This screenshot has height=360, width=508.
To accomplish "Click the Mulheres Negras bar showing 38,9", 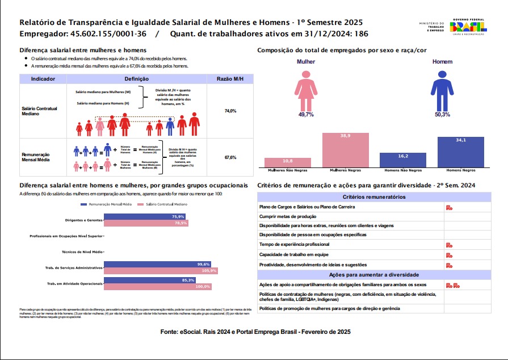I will click(346, 149).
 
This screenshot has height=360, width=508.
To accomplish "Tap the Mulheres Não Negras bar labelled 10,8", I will click(288, 162).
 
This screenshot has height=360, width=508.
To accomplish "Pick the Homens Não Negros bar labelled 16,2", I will click(403, 160).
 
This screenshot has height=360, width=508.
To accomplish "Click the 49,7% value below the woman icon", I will click(306, 115).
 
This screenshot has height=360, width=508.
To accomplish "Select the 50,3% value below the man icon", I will click(442, 115).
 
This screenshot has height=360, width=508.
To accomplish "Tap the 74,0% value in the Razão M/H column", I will click(230, 111).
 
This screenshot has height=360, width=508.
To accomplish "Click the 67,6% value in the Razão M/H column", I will click(230, 157).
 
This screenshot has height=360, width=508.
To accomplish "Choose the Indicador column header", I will click(43, 79).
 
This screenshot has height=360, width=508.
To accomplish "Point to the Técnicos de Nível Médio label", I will click(82, 251).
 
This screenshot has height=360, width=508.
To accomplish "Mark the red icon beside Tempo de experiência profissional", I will click(449, 245).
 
